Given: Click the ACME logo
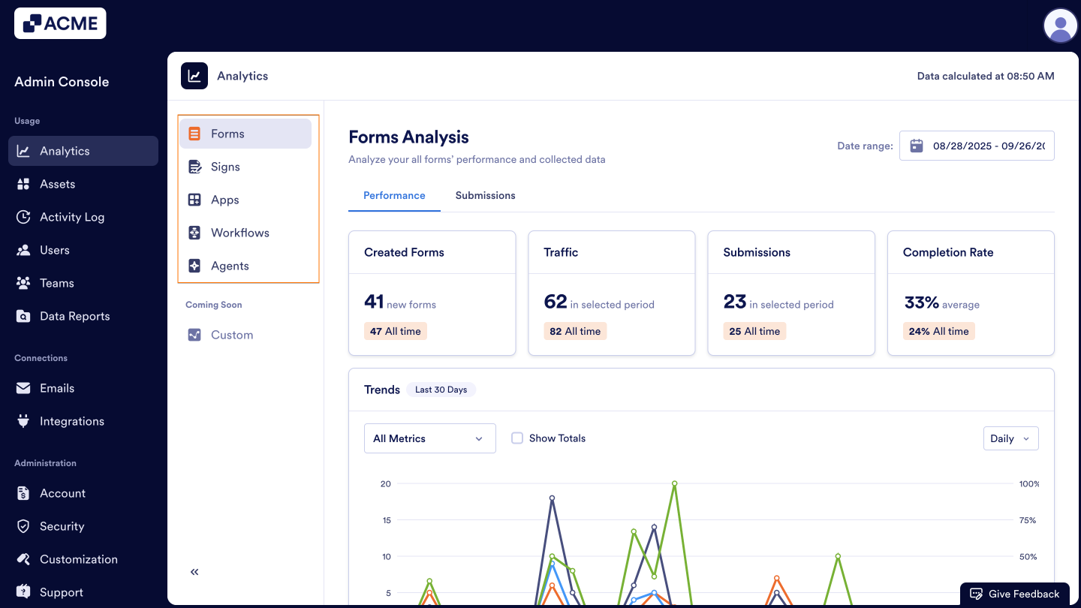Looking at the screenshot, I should click(60, 23).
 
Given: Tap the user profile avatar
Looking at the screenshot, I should click(1061, 26).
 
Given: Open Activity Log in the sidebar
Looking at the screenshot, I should click(72, 217).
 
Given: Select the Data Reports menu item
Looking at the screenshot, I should click(74, 316).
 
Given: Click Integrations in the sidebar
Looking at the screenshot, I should click(71, 421).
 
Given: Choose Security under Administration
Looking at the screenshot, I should click(62, 526).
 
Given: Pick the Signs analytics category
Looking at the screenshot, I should click(225, 167).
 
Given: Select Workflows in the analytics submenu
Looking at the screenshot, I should click(239, 233).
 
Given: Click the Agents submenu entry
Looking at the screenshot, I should click(230, 266).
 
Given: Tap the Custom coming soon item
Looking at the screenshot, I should click(231, 335).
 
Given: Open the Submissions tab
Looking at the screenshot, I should click(485, 195).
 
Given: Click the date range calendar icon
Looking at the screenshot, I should click(917, 146).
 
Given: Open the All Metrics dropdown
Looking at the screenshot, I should click(429, 438).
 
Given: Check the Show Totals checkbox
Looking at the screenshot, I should click(517, 438).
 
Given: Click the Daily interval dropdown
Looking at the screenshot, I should click(1010, 438).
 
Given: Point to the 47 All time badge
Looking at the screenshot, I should click(395, 331).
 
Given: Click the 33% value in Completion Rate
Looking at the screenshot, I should click(921, 302).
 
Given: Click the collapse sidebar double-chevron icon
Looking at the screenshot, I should click(194, 572).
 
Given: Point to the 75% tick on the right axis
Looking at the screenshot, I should click(1027, 520).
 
